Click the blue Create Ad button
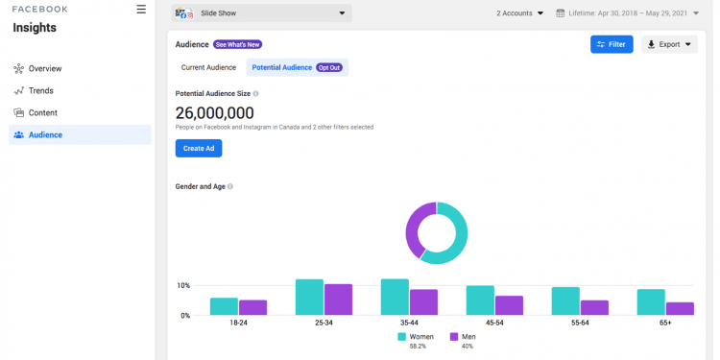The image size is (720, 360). [x=199, y=148]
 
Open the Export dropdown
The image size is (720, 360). [x=669, y=44]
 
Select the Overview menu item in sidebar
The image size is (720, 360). [x=45, y=69]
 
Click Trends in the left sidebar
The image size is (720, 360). [x=40, y=91]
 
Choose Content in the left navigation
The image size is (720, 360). [x=42, y=113]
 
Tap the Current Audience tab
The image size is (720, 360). [x=209, y=67]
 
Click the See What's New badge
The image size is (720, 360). [x=237, y=44]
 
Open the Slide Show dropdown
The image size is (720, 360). [x=261, y=13]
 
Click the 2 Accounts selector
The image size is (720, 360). [x=519, y=13]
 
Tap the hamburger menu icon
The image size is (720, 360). [x=141, y=10]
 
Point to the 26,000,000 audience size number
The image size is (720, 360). [x=214, y=113]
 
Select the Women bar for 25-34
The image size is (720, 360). [x=309, y=298]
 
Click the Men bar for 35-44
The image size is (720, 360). [x=423, y=302]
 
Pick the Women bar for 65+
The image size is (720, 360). [x=651, y=302]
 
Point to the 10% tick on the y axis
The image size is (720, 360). [x=183, y=286]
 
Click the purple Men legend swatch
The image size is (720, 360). [x=455, y=337]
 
